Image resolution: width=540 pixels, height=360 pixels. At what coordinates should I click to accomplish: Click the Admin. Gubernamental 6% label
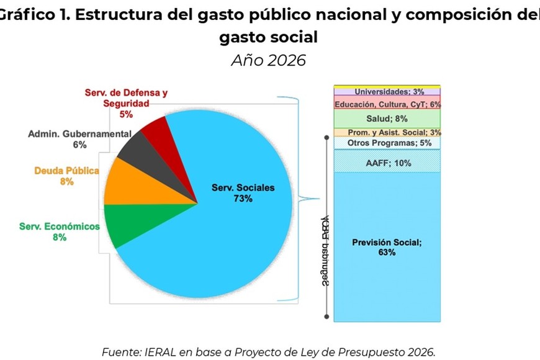pos(79,139)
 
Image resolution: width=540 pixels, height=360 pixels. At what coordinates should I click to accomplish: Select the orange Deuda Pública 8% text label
pos(67,176)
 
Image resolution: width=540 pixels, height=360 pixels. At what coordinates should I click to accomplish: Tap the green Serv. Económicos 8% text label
pos(60,232)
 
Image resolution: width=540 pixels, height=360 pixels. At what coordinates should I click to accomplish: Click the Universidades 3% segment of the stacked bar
pos(387,92)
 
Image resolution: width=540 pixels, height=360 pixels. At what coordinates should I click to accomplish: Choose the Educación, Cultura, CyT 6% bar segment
pos(387,104)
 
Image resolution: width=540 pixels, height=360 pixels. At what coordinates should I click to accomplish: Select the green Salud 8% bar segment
pos(387,119)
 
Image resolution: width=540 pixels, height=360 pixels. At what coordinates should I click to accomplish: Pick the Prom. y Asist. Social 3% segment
pos(387,132)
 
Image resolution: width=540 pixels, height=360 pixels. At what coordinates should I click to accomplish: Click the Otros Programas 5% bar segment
pos(387,143)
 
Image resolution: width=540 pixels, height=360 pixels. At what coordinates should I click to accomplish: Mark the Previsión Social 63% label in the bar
pos(387,247)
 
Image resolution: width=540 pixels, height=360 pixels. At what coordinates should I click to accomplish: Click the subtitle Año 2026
pos(269,60)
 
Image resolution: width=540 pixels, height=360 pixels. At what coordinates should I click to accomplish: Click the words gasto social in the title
pos(269,37)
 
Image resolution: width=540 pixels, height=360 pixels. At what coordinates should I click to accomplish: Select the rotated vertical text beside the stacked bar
pos(325,251)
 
